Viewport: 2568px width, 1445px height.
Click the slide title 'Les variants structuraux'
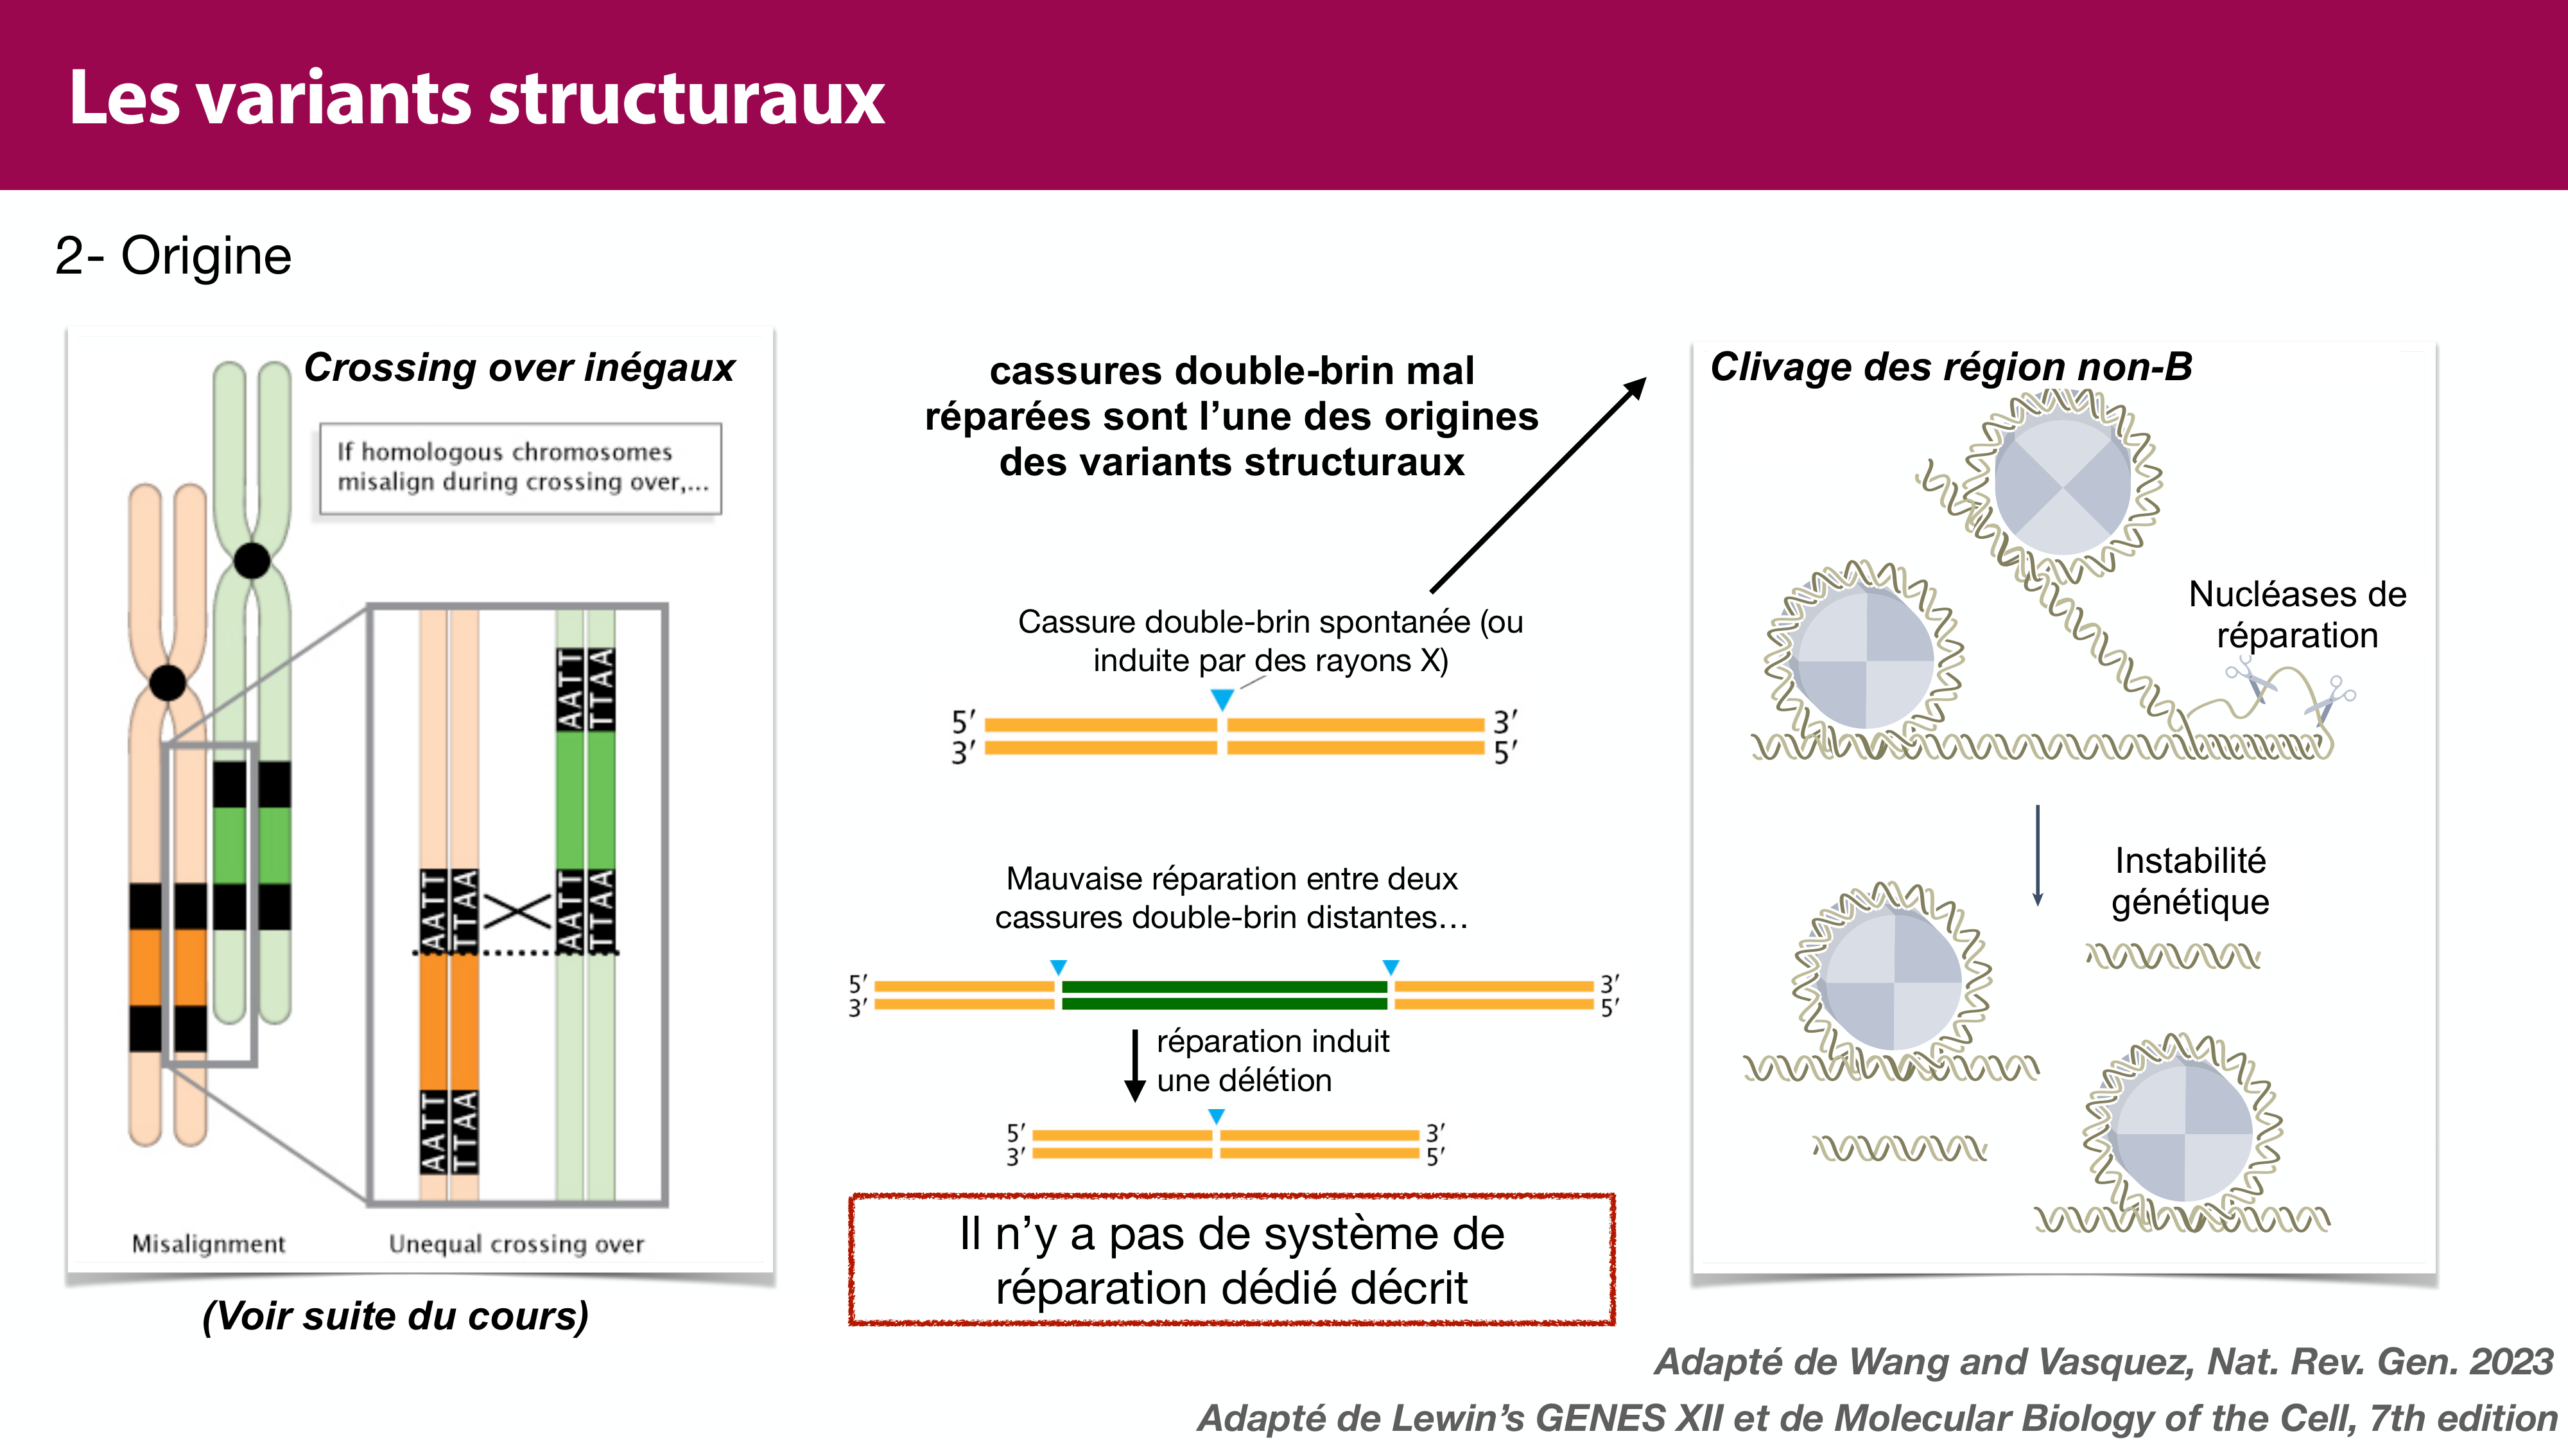click(x=476, y=99)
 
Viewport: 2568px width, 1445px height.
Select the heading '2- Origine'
click(x=173, y=256)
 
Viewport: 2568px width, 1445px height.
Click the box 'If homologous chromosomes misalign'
click(x=521, y=468)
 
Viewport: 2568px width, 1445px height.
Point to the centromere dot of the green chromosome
click(x=252, y=561)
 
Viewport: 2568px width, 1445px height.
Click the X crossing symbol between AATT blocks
click(x=517, y=911)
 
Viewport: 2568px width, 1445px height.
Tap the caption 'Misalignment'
click(x=209, y=1243)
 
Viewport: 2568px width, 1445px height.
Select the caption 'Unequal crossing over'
click(x=516, y=1243)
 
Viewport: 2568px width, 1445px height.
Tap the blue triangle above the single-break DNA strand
click(x=1222, y=699)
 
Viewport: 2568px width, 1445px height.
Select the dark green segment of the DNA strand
click(x=1224, y=994)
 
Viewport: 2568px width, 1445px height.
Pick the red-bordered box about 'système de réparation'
click(x=1231, y=1259)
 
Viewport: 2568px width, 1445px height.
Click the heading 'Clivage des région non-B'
click(x=1951, y=366)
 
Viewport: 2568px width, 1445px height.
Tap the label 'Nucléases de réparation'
click(x=2297, y=615)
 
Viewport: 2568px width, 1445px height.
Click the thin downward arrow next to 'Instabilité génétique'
click(x=2038, y=855)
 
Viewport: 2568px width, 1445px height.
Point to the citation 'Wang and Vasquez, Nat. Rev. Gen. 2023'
click(x=2103, y=1362)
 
